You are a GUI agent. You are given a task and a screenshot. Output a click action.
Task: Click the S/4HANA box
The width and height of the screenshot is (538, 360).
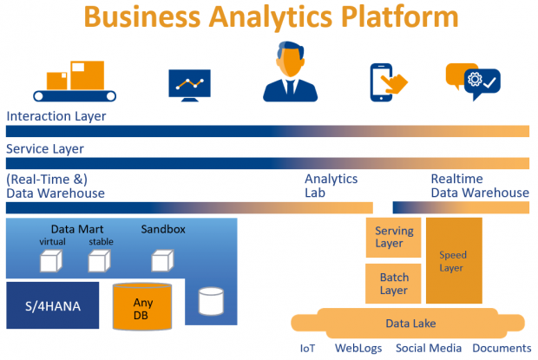pyautogui.click(x=52, y=305)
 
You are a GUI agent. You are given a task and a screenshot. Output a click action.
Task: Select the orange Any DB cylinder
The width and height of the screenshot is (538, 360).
pyautogui.click(x=142, y=306)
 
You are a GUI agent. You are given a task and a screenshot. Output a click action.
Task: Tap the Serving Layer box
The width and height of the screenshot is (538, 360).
pyautogui.click(x=393, y=238)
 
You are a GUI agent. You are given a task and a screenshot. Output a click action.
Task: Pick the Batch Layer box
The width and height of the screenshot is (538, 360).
pyautogui.click(x=393, y=283)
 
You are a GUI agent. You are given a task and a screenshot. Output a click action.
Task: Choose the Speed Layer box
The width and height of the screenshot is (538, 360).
pyautogui.click(x=454, y=260)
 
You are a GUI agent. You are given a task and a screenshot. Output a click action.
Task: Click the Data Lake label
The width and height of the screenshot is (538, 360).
pyautogui.click(x=410, y=324)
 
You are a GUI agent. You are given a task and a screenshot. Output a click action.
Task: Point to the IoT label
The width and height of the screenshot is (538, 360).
pyautogui.click(x=307, y=349)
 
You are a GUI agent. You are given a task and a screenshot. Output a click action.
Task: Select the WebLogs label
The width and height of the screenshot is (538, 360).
pyautogui.click(x=358, y=349)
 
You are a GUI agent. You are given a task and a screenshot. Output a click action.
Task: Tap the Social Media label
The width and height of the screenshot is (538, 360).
pyautogui.click(x=429, y=348)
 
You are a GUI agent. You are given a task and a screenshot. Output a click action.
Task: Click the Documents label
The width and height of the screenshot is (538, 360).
pyautogui.click(x=502, y=348)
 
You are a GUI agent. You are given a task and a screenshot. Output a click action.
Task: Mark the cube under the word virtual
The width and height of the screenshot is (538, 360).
pyautogui.click(x=51, y=261)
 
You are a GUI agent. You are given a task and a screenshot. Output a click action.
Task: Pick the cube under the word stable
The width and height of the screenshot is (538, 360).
pyautogui.click(x=99, y=261)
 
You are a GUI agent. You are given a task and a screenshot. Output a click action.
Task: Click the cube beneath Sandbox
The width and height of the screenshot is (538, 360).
pyautogui.click(x=162, y=260)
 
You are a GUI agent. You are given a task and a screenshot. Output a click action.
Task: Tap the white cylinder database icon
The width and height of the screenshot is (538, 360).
pyautogui.click(x=211, y=301)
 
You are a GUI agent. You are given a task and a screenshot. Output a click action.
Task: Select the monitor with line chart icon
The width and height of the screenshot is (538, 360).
pyautogui.click(x=189, y=85)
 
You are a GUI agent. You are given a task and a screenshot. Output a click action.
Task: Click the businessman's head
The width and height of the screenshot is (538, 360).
pyautogui.click(x=291, y=59)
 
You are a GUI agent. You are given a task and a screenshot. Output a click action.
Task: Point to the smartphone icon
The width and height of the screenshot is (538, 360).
pyautogui.click(x=381, y=82)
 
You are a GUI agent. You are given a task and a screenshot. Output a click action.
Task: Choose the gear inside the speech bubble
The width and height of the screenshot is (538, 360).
pyautogui.click(x=475, y=80)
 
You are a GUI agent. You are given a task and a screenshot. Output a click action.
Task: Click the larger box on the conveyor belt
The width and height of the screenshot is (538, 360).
pyautogui.click(x=87, y=75)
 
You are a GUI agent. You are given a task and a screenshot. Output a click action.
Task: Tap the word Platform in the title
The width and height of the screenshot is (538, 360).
pyautogui.click(x=400, y=17)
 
